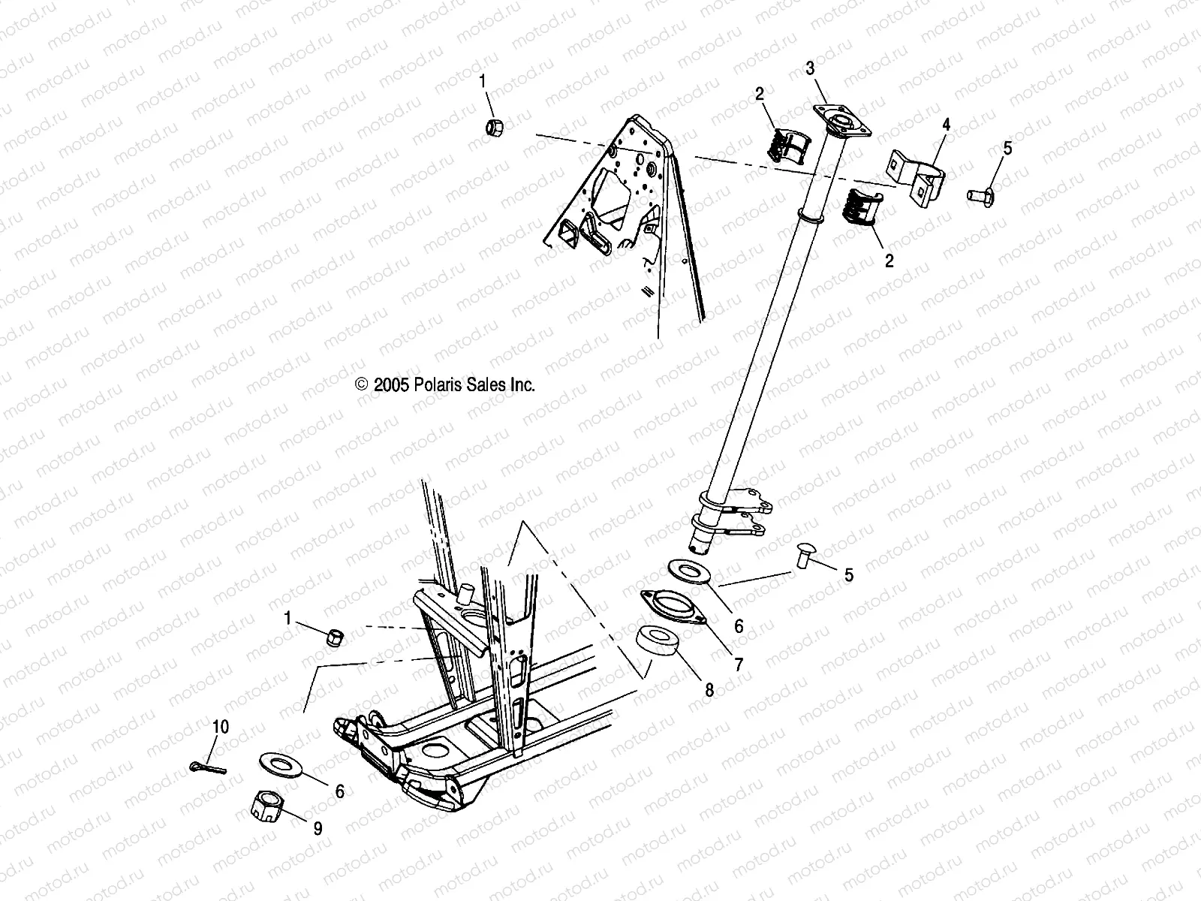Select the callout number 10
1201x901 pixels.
221,728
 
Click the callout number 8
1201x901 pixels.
709,690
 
